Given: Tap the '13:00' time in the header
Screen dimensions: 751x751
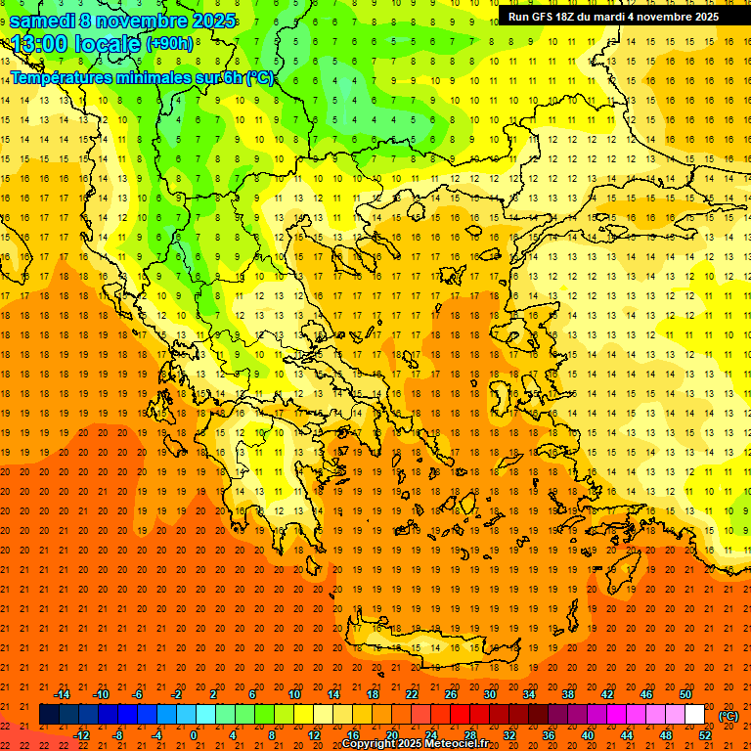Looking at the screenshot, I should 39,44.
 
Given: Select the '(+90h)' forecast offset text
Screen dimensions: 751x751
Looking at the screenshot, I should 169,44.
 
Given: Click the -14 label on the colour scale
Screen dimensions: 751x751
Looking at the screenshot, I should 63,694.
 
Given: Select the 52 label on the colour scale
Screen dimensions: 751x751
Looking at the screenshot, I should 705,735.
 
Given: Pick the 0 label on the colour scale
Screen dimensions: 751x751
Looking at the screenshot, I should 194,735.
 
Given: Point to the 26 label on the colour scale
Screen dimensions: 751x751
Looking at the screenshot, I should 451,694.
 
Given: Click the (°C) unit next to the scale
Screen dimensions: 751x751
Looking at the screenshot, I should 729,716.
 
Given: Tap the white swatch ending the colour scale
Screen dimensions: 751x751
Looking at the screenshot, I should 695,715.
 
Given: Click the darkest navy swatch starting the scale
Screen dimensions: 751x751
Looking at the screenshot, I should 49,715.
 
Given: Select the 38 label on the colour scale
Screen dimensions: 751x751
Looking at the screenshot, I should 568,694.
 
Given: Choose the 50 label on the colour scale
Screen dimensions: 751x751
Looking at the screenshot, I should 685,694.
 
